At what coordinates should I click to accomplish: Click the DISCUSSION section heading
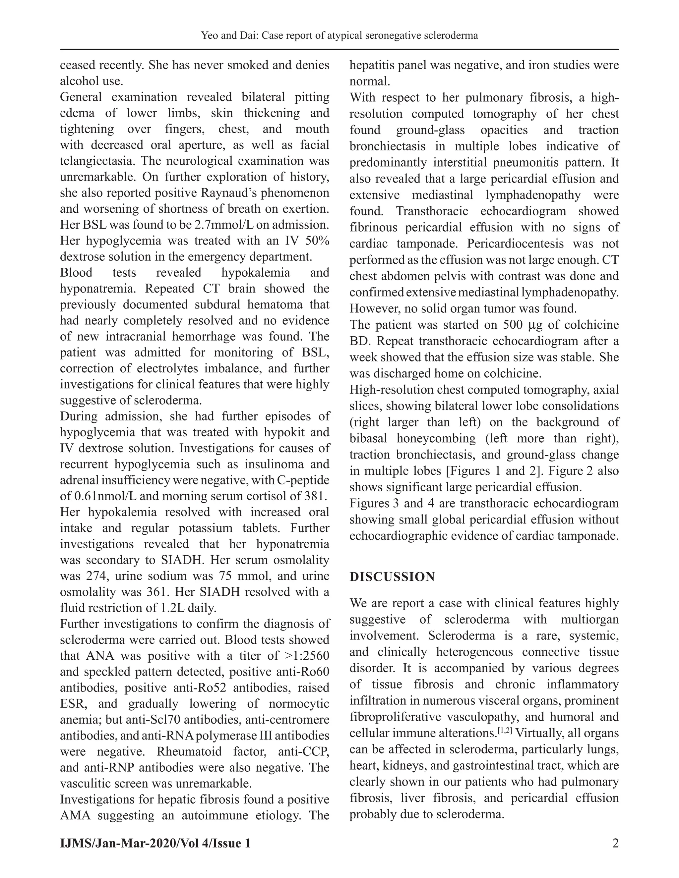(x=392, y=577)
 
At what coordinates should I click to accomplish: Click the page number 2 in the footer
(x=615, y=843)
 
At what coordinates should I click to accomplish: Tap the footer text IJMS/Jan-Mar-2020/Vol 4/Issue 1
(x=155, y=843)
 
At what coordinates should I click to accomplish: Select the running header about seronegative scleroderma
(x=339, y=36)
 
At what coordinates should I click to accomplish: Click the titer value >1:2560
(x=307, y=656)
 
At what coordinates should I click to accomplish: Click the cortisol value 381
(x=314, y=496)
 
